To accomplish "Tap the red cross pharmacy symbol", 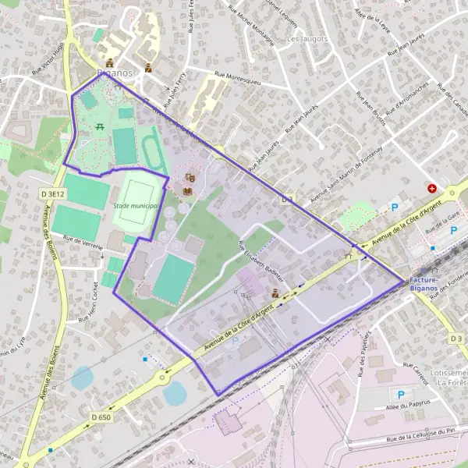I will click(431, 189).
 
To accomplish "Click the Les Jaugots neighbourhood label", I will click(306, 38).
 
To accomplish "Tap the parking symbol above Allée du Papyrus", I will click(402, 395).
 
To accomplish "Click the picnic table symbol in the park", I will click(100, 126).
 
